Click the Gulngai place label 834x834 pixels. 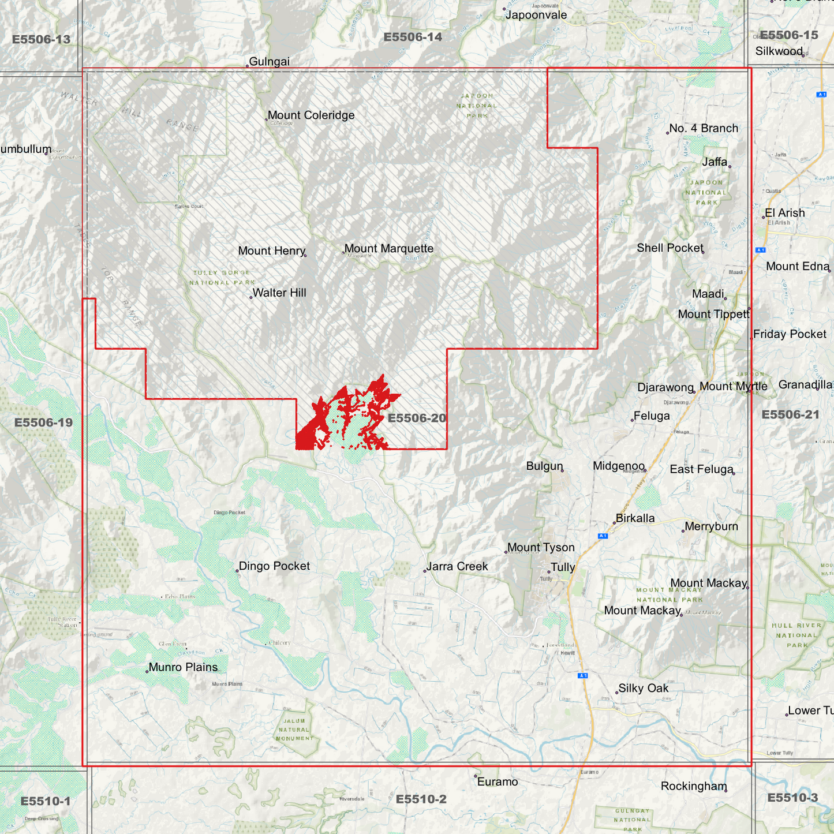click(269, 62)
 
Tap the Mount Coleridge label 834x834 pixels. click(311, 115)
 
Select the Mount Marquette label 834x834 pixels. click(389, 249)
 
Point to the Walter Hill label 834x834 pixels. click(279, 293)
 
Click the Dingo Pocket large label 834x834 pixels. click(274, 566)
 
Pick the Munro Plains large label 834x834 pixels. click(183, 667)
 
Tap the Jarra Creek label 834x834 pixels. click(457, 567)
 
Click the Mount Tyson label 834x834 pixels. click(541, 548)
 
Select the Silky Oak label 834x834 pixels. click(643, 689)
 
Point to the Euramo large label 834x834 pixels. click(498, 782)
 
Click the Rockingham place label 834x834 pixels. click(694, 786)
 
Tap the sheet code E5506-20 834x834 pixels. click(417, 418)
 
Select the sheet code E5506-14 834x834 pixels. click(413, 38)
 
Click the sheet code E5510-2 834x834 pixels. click(421, 799)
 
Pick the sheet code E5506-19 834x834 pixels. click(43, 422)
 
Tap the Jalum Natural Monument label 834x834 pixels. click(294, 730)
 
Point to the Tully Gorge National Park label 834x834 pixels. click(222, 278)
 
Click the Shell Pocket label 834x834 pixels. click(670, 248)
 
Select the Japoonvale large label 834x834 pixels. click(536, 16)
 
